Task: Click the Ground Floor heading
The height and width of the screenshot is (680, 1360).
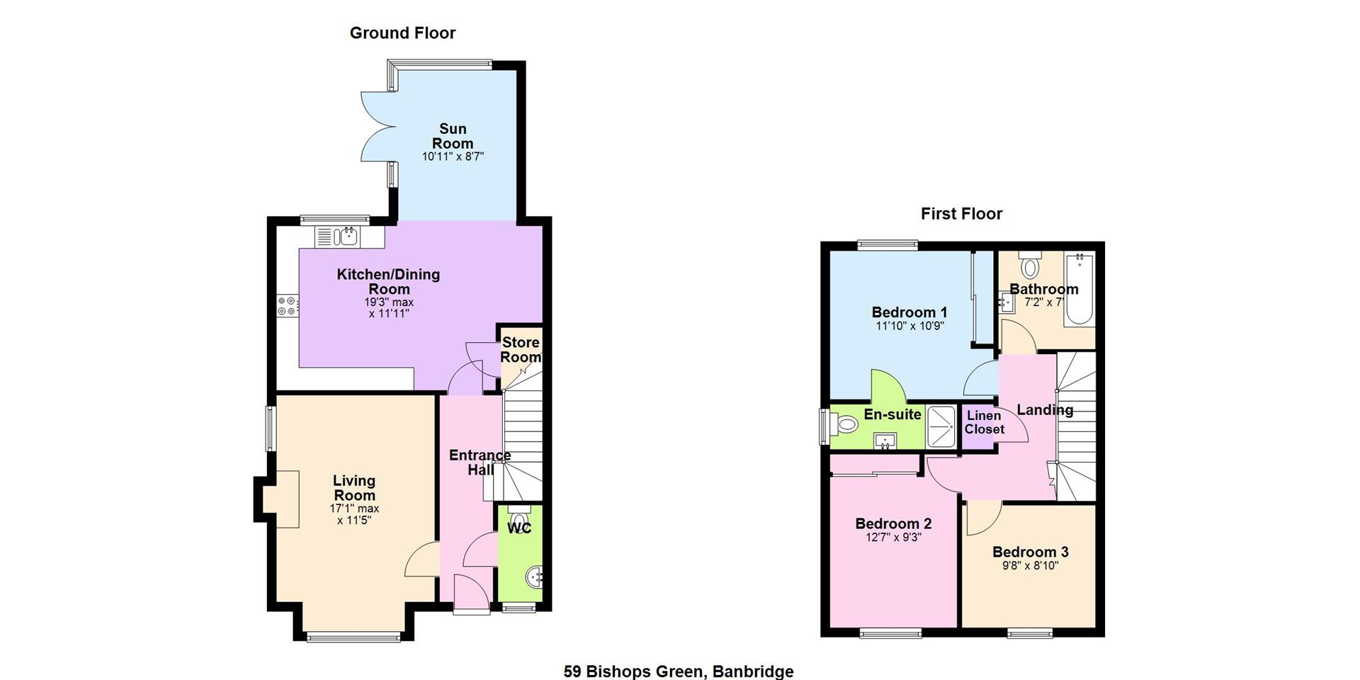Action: point(402,33)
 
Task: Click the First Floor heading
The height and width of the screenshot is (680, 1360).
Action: point(961,214)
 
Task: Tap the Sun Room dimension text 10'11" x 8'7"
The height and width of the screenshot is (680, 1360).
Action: point(453,157)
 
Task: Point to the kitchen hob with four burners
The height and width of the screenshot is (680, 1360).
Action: point(287,306)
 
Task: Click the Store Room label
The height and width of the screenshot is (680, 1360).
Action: point(521,350)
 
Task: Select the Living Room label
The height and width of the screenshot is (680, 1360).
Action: point(354,488)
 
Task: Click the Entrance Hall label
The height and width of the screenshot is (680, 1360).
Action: point(480,463)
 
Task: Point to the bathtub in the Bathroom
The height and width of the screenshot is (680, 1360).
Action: point(1079,289)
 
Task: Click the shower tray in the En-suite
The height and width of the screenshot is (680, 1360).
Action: point(941,426)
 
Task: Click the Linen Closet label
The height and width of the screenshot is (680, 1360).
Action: point(985,423)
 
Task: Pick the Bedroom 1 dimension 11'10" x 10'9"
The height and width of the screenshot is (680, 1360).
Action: point(909,327)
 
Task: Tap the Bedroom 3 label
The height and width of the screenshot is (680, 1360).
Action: point(1030,552)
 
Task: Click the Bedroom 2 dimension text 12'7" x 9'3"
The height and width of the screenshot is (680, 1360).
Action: point(893,538)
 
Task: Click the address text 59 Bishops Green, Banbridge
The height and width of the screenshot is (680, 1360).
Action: point(679,671)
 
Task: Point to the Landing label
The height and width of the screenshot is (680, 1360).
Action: point(1045,410)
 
